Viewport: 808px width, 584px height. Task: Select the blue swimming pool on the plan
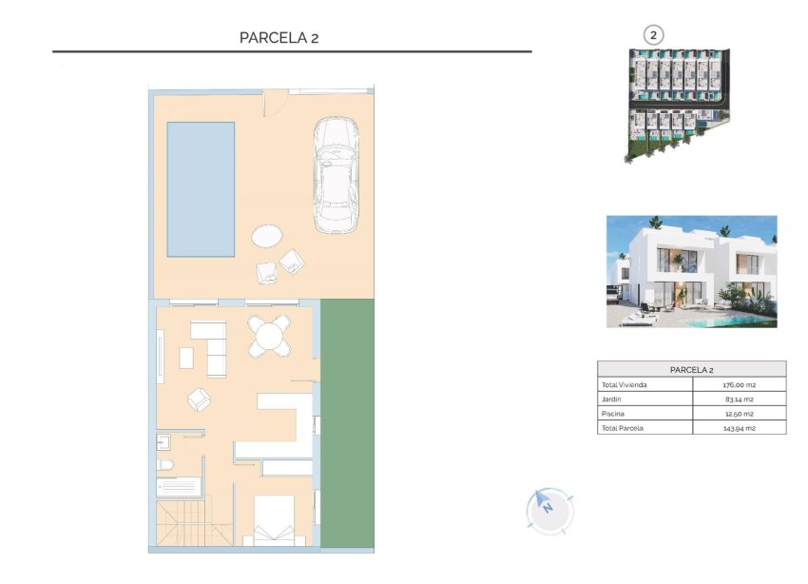click(x=201, y=188)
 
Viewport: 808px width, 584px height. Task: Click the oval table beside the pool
click(x=267, y=235)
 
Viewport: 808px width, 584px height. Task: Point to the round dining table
click(x=270, y=335)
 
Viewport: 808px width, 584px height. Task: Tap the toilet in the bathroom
click(x=165, y=464)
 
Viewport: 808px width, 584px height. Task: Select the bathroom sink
click(x=163, y=440)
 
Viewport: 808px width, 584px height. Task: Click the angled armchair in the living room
click(x=200, y=399)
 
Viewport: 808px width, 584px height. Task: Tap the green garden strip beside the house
click(x=347, y=423)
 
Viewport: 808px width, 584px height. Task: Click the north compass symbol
click(x=548, y=509)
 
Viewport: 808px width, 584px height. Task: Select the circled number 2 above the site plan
click(x=653, y=34)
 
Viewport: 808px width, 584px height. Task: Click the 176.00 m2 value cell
click(x=739, y=385)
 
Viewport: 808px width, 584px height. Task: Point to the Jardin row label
click(x=611, y=399)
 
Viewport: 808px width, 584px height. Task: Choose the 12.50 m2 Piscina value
click(x=739, y=414)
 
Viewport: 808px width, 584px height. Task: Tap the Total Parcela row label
click(x=622, y=428)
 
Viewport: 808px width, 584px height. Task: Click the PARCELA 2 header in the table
click(x=691, y=369)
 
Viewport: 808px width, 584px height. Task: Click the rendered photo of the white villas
click(x=691, y=271)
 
